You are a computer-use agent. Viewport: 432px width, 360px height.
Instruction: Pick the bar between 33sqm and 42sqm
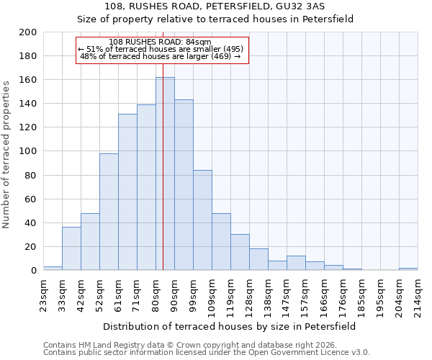tap(71, 248)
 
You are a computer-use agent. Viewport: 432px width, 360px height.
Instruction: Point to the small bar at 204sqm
tap(408, 269)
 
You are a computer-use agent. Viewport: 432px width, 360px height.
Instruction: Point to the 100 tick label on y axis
tap(27, 151)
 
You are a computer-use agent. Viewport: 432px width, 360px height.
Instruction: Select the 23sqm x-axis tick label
tap(43, 294)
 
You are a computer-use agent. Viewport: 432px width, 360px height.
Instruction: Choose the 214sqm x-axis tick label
tap(418, 294)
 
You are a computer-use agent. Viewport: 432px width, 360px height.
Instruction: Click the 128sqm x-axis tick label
tap(249, 294)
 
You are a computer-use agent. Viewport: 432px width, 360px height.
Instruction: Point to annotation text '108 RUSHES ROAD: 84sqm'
tap(160, 42)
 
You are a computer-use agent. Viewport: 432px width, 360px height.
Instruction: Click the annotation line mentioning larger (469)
tap(160, 56)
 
